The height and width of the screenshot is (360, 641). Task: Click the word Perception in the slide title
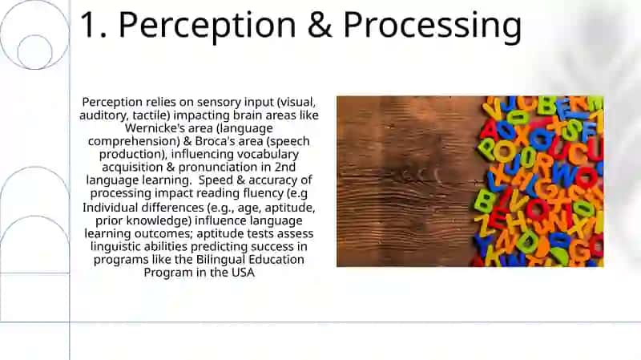[207, 26]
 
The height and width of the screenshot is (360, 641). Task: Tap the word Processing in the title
[433, 26]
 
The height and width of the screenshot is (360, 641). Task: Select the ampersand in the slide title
[320, 25]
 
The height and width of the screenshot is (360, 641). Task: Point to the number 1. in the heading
[93, 25]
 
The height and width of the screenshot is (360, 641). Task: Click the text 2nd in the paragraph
[285, 167]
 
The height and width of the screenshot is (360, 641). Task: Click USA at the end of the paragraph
[244, 273]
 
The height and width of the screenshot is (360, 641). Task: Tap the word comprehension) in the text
[134, 141]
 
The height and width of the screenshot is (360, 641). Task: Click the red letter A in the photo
[489, 131]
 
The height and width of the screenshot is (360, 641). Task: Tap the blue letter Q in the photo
[542, 140]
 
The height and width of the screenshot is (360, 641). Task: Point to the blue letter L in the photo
[496, 184]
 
